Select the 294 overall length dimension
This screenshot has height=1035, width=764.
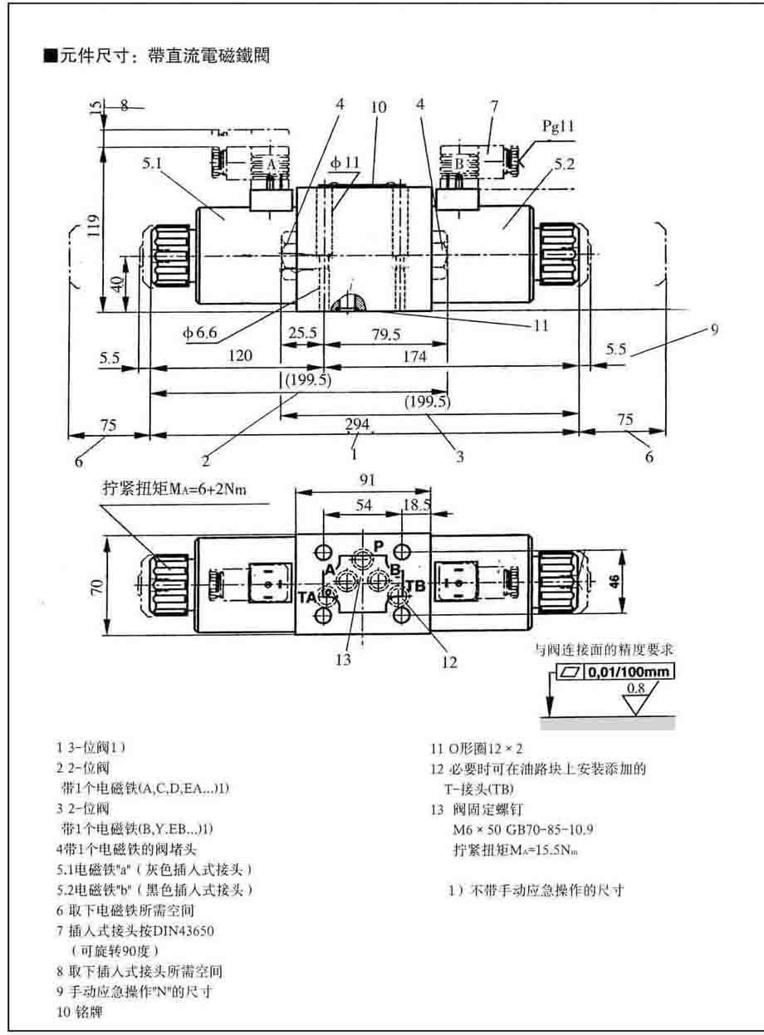pos(357,424)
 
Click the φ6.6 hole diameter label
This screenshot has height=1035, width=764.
pos(201,333)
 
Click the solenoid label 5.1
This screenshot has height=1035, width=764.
pos(152,164)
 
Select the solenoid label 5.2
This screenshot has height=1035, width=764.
pos(564,164)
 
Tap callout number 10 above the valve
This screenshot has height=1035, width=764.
pos(379,106)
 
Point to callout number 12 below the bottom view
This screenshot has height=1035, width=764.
pos(449,662)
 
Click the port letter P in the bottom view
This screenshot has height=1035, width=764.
pos(378,545)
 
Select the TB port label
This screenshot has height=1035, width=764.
pos(416,586)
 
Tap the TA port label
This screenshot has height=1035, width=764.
pos(308,595)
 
